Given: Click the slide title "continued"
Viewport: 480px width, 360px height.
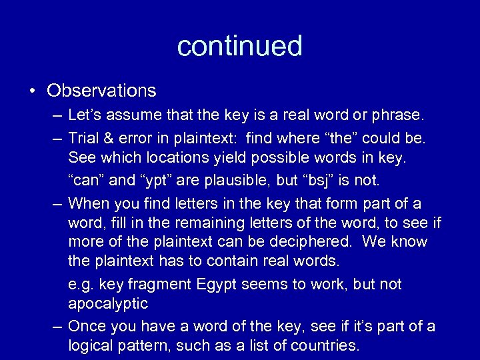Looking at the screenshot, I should coord(239,46).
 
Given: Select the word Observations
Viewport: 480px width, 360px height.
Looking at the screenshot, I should coord(101,90).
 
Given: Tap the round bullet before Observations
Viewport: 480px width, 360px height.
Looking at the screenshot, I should coord(33,91).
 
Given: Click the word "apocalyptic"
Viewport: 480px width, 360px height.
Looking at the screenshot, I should coord(108,305).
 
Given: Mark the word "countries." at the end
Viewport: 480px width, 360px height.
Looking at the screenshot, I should coord(326,346).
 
